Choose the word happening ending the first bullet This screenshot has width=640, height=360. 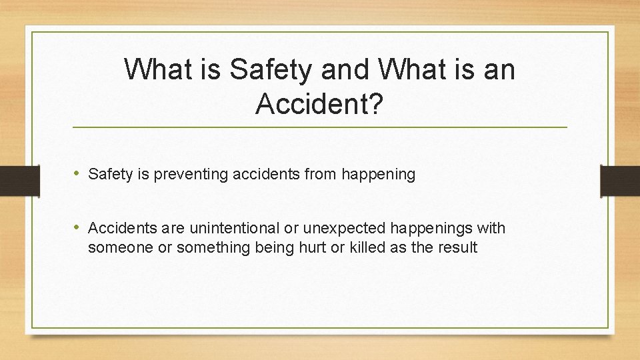click(378, 175)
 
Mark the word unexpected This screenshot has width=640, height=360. click(343, 229)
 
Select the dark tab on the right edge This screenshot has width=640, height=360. click(620, 181)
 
